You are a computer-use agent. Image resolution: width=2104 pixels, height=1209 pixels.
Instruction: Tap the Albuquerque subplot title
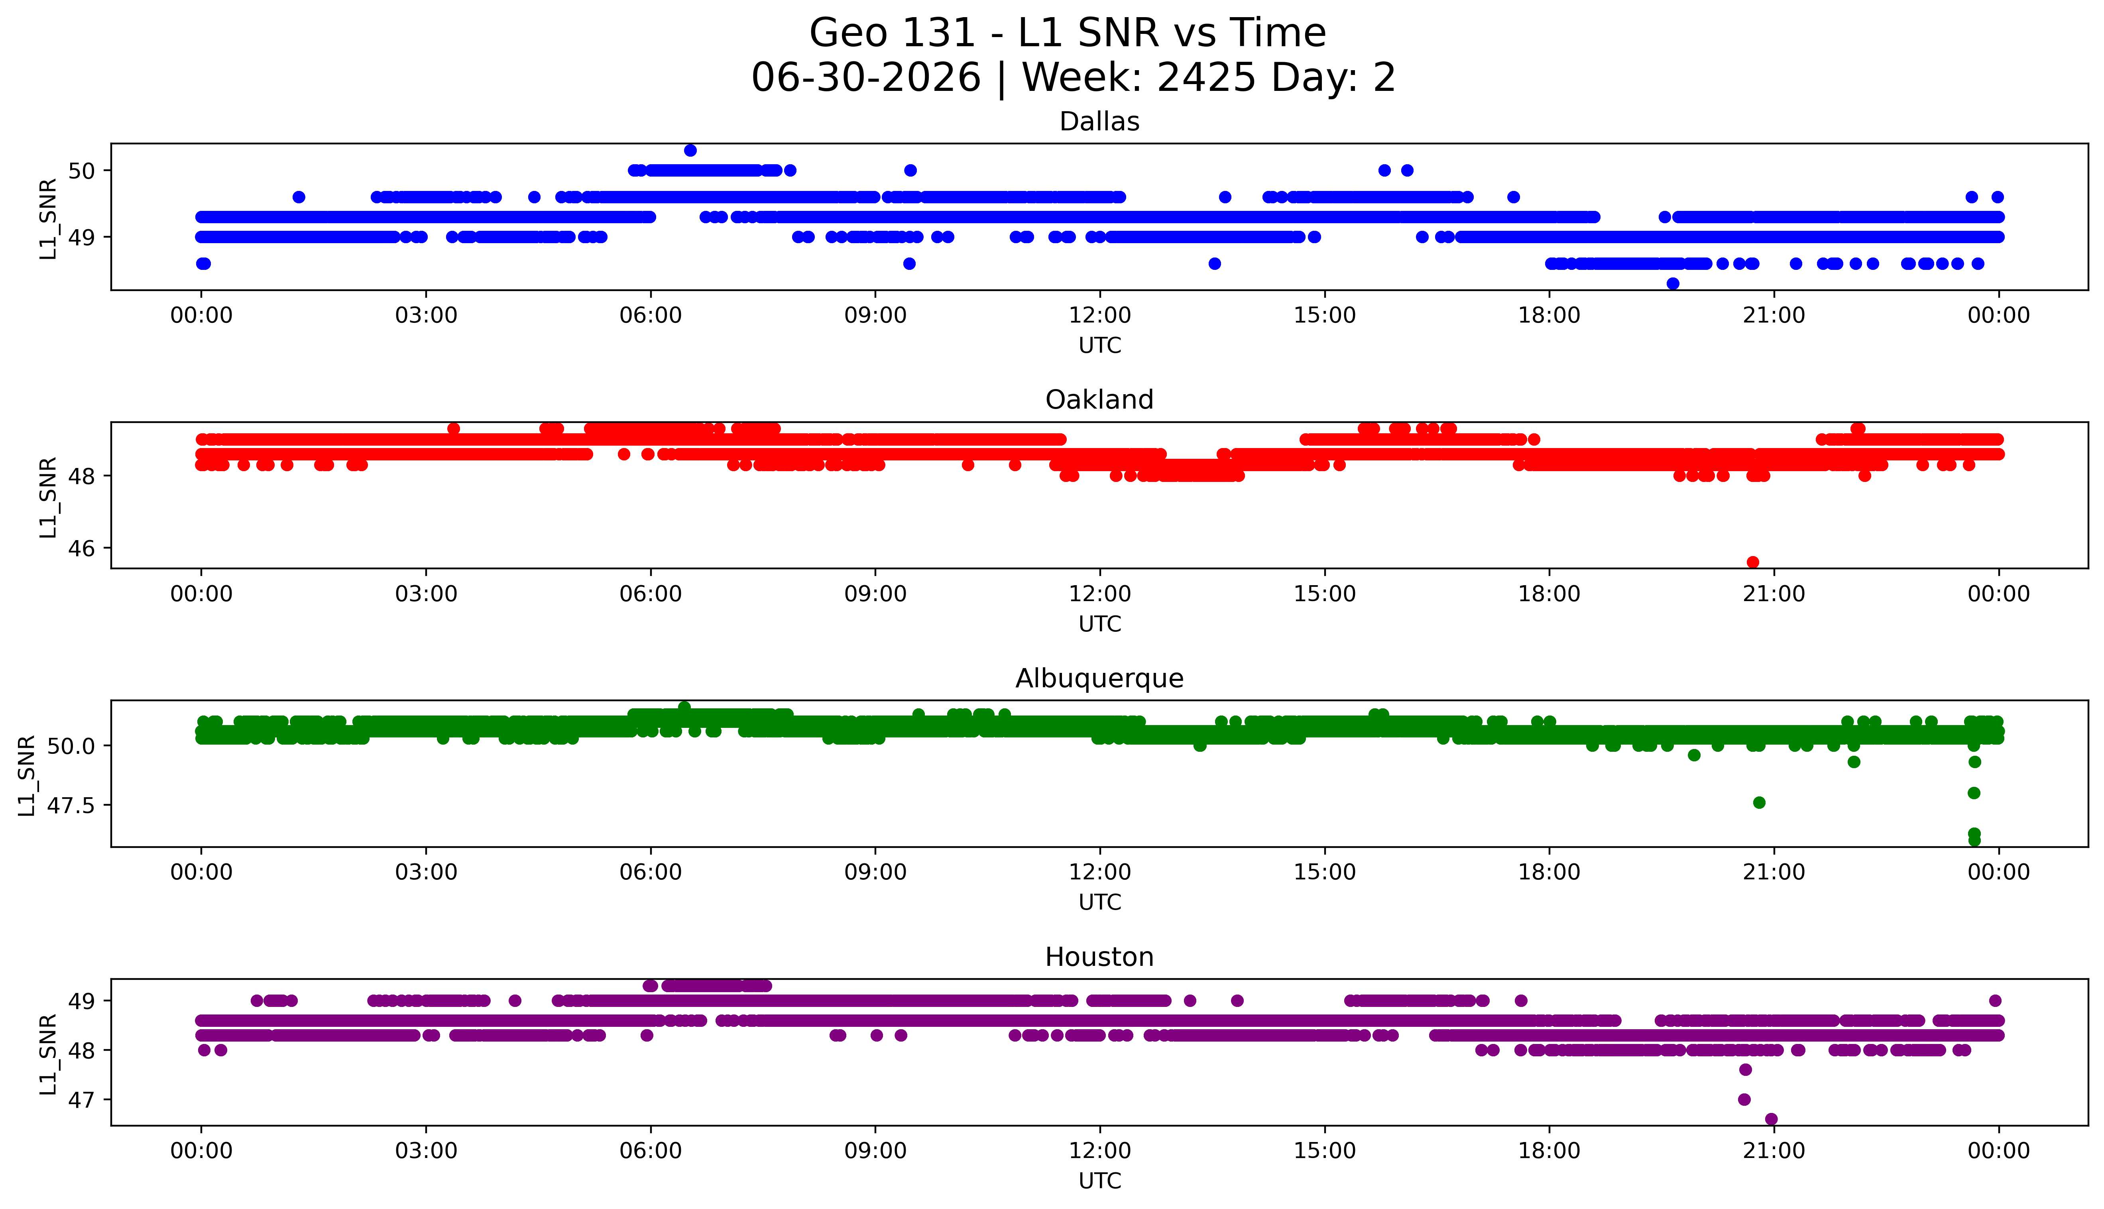point(1099,678)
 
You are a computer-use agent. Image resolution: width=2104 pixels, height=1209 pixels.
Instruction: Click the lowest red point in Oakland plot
point(1753,562)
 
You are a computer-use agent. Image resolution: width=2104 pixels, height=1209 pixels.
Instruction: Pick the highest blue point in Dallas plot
point(690,150)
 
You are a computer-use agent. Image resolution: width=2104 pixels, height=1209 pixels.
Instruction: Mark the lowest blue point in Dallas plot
point(1673,284)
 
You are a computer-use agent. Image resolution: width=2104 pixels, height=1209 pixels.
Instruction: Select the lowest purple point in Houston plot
point(1771,1119)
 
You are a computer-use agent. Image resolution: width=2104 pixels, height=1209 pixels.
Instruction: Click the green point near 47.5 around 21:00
point(1759,802)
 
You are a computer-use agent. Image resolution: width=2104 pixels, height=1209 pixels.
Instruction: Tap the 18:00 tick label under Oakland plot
point(1549,594)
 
